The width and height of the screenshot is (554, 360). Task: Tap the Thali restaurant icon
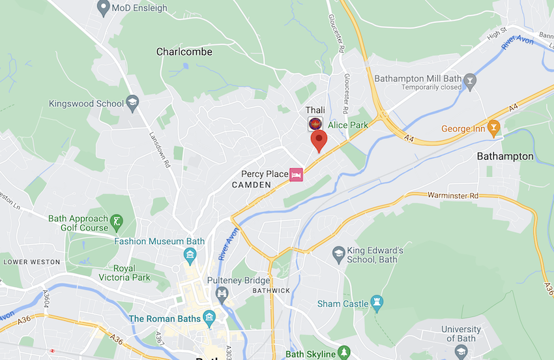coord(315,123)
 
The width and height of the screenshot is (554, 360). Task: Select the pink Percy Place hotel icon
coord(297,174)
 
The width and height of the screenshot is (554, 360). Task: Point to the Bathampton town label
coord(504,157)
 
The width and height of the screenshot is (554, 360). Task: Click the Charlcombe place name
coord(184,52)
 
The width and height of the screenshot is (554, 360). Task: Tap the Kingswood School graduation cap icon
coord(133,103)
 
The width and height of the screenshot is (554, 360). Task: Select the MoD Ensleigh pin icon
coord(102,8)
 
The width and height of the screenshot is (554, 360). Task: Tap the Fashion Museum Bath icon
coord(190,254)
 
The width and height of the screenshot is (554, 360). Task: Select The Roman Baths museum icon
coord(209,319)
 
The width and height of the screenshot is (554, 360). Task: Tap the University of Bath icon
coord(461,351)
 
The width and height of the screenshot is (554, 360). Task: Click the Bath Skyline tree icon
coord(345,353)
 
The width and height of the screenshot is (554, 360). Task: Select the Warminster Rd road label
coord(453,195)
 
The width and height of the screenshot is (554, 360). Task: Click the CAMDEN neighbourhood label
coord(251,185)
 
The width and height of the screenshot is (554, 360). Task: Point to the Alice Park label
coord(348,125)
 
